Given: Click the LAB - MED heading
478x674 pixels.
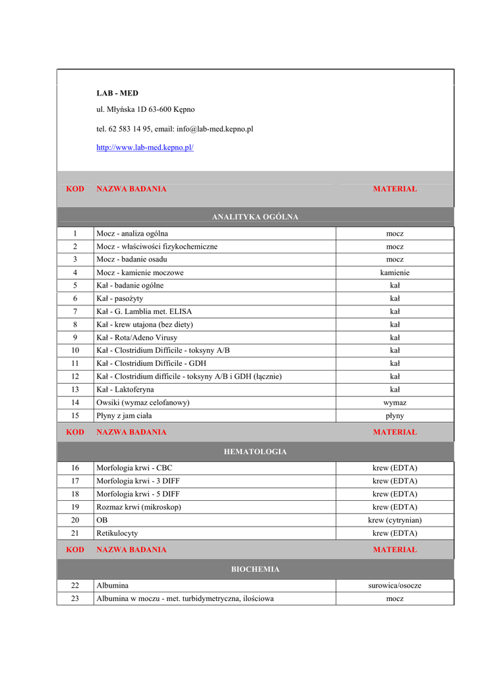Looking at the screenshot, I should click(117, 93).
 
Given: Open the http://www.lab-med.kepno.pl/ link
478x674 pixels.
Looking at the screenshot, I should click(145, 147).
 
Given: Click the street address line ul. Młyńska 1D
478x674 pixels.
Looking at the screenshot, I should click(146, 109).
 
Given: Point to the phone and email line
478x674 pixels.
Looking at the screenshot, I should click(175, 129).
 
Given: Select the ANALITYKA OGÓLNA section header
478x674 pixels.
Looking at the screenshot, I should click(255, 217).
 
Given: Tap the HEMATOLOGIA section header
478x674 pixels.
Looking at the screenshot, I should click(255, 452).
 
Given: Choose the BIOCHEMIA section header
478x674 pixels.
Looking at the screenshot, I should click(255, 569).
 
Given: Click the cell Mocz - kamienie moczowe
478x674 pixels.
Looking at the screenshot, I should click(140, 272).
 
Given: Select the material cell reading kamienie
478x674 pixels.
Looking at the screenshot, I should click(394, 272).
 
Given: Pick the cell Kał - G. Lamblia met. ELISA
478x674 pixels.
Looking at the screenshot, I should click(144, 311).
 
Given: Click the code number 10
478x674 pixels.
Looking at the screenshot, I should click(75, 350).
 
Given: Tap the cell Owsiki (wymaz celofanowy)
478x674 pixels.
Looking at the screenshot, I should click(143, 402).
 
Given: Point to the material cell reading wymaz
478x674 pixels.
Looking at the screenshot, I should click(394, 402).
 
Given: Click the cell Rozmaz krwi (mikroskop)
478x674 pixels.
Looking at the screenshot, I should click(138, 507).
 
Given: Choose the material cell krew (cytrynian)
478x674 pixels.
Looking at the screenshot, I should click(394, 520).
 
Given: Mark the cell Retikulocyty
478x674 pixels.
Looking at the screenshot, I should click(117, 533).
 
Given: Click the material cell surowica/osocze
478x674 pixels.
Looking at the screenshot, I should click(394, 585).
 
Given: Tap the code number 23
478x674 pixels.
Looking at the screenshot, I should click(75, 598).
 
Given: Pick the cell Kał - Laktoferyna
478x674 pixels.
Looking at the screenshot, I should click(125, 390).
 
